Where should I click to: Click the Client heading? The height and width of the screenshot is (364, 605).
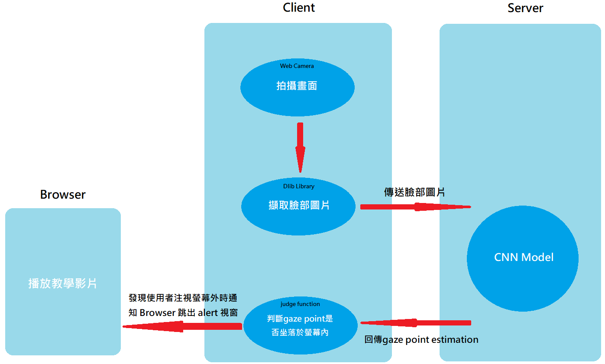(299, 8)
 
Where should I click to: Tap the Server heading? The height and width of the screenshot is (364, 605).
(525, 8)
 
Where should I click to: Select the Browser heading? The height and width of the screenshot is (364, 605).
(63, 195)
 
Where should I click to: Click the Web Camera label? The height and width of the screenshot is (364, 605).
(297, 66)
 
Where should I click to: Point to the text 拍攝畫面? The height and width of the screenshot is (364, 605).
(297, 86)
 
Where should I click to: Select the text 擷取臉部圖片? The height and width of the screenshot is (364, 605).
(299, 205)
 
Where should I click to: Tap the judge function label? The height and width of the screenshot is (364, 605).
(300, 304)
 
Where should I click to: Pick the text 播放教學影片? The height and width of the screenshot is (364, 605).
(63, 283)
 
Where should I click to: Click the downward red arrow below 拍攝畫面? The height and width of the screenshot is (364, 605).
(300, 147)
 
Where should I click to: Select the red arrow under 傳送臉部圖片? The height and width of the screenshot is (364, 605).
(415, 207)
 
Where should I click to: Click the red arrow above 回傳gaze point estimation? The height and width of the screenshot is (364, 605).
(415, 323)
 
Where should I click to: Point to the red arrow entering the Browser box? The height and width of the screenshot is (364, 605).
(182, 326)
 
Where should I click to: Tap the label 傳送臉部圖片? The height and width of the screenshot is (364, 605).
(414, 192)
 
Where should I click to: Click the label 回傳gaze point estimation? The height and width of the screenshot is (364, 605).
(421, 340)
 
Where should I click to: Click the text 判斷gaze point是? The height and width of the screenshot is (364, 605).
(300, 319)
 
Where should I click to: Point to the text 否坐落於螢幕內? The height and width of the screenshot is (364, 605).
(300, 333)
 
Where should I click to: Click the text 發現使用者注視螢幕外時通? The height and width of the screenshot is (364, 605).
(183, 298)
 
